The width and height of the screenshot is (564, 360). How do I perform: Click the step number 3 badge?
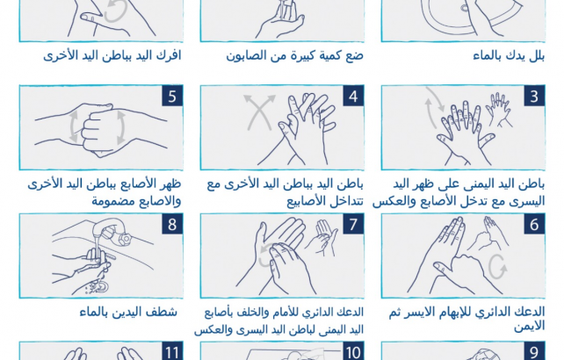534,96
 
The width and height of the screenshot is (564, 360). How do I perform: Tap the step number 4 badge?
353,96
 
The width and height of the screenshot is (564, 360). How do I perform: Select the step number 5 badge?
172,96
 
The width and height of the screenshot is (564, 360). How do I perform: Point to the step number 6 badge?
534,224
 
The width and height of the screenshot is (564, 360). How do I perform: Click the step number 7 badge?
353,224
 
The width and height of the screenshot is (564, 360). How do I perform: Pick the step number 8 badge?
172,224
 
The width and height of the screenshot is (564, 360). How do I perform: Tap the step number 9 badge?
534,351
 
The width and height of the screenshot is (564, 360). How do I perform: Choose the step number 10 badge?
353,351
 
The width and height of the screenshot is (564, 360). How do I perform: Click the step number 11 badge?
172,351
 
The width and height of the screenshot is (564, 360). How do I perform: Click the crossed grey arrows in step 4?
259,112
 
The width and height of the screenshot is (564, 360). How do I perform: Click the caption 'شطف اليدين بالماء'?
128,312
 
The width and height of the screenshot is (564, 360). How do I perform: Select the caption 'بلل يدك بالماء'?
509,55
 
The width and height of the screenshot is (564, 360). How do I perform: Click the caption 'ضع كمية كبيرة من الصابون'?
294,55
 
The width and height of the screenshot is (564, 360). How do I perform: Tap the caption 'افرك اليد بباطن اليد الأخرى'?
112,55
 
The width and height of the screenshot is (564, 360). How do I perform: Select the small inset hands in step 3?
498,110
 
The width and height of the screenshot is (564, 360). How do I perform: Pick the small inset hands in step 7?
322,237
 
